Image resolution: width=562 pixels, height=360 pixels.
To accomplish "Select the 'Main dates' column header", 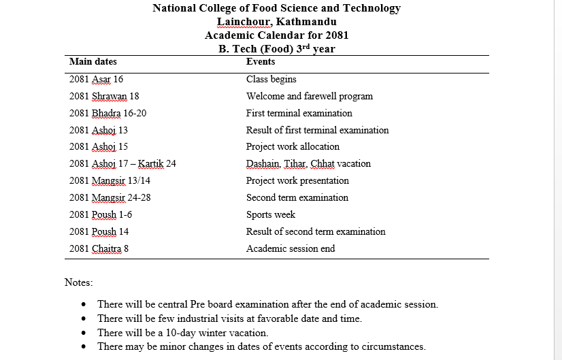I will pyautogui.click(x=93, y=62).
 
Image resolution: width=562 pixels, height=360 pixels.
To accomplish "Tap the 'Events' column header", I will pyautogui.click(x=261, y=62).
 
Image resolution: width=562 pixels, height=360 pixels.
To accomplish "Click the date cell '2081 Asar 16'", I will pyautogui.click(x=97, y=80).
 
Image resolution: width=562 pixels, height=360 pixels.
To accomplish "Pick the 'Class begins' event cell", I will pyautogui.click(x=271, y=80).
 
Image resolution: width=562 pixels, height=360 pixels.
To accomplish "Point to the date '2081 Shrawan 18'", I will pyautogui.click(x=104, y=97).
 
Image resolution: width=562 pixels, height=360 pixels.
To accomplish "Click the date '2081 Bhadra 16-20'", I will pyautogui.click(x=108, y=114).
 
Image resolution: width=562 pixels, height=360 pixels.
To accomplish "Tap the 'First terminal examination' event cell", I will pyautogui.click(x=299, y=114).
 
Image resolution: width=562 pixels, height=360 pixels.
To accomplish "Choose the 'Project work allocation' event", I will pyautogui.click(x=293, y=147).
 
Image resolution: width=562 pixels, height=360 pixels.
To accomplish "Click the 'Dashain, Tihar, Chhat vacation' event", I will pyautogui.click(x=308, y=164).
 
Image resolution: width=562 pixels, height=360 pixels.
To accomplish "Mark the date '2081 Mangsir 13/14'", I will pyautogui.click(x=110, y=181).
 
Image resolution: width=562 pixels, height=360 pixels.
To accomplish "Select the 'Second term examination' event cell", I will pyautogui.click(x=297, y=198).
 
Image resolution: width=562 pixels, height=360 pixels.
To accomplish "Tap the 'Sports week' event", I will pyautogui.click(x=271, y=215).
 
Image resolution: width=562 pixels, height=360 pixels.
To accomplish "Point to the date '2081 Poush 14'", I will pyautogui.click(x=99, y=232).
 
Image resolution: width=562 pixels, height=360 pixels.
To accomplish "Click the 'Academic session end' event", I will pyautogui.click(x=291, y=249).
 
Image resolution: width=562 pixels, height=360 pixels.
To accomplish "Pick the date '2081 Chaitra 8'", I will pyautogui.click(x=99, y=249).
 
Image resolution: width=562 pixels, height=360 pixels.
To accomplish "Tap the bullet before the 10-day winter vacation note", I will pyautogui.click(x=83, y=333).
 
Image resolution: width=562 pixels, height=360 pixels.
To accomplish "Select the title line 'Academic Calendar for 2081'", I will pyautogui.click(x=276, y=35).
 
